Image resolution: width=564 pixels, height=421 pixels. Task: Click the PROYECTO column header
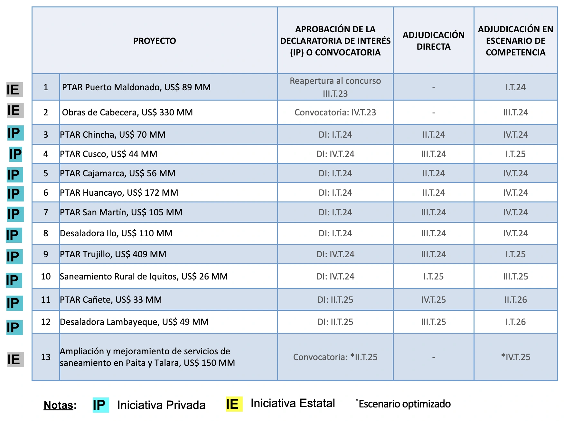155,41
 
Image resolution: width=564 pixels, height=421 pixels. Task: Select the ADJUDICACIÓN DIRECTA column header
433,41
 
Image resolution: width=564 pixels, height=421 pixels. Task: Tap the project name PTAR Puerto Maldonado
136,87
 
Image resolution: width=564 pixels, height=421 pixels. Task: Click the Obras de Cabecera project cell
127,113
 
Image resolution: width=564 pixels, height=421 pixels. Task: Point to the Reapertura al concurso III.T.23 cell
335,87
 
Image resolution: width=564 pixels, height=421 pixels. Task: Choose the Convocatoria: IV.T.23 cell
335,113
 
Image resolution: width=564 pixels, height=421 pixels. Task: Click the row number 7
46,212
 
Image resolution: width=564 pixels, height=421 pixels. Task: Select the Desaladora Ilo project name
116,233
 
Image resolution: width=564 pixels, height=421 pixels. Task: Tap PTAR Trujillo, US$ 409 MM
113,254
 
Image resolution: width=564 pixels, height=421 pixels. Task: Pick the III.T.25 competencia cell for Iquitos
515,277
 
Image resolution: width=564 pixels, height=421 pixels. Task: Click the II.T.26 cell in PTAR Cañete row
515,300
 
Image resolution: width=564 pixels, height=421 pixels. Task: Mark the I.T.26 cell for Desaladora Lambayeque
515,322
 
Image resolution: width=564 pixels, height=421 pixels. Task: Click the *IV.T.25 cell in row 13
515,357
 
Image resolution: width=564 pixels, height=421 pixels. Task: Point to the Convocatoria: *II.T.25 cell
335,357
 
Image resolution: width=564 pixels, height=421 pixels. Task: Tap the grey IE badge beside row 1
14,90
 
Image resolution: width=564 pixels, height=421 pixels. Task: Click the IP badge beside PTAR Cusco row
15,154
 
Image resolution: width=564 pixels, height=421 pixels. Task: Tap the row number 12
46,322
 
